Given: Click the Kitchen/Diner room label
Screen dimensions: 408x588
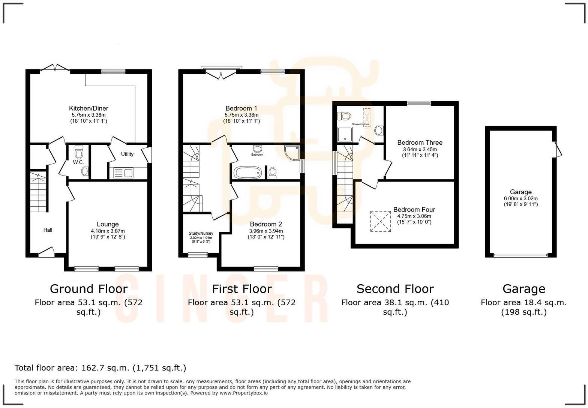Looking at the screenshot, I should (88, 108).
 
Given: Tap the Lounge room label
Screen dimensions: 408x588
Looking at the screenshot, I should (108, 224).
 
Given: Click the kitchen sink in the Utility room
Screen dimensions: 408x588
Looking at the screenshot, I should (123, 173).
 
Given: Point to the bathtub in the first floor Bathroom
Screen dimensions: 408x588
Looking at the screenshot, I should (247, 173).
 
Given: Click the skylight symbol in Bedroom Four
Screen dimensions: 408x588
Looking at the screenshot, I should (380, 222).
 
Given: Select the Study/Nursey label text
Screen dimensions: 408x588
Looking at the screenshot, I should (201, 233).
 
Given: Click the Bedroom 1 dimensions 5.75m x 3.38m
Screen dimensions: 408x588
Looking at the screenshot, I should (241, 115).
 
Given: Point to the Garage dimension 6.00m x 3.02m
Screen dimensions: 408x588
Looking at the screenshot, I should (520, 198).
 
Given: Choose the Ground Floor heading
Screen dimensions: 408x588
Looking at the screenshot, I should (88, 289).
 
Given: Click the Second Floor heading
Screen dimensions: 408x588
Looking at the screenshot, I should (395, 289).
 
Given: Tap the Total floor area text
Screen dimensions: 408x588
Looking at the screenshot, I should (100, 368).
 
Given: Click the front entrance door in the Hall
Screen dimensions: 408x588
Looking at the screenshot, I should (46, 252).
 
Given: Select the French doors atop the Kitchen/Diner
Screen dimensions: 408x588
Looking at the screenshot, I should (55, 68).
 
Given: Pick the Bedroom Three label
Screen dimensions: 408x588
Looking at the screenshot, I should (420, 142).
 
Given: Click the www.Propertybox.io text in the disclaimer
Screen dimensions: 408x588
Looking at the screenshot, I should (243, 393).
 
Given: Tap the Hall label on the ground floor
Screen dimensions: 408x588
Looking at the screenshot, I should (48, 230).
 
